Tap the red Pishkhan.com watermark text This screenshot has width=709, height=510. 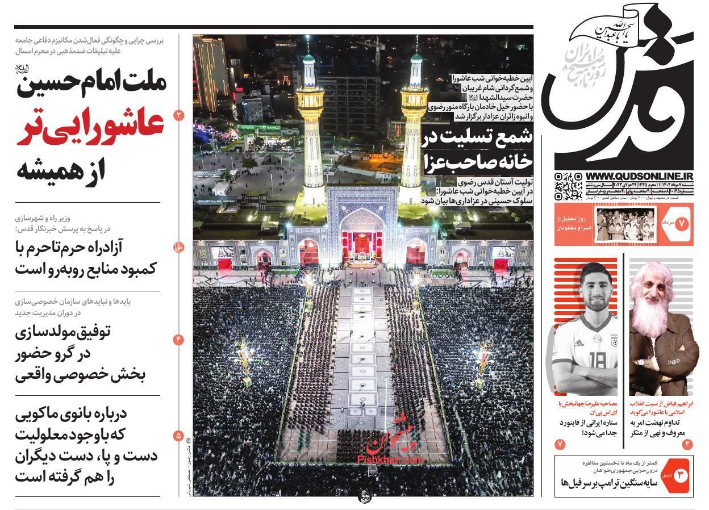pyautogui.click(x=391, y=457)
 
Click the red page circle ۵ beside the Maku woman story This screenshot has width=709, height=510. pyautogui.click(x=179, y=436)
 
